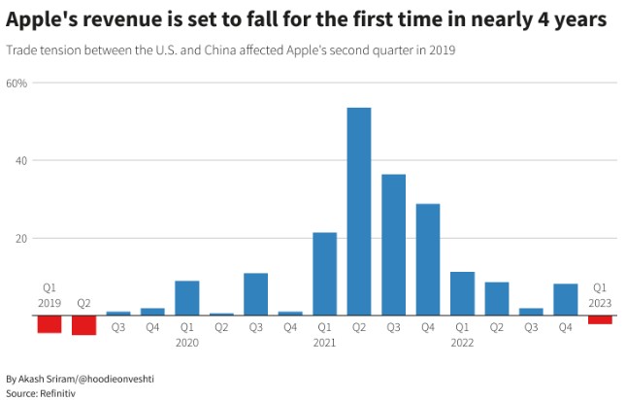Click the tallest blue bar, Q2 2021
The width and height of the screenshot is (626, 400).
coord(359,212)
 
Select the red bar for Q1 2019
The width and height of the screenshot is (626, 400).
coord(49,324)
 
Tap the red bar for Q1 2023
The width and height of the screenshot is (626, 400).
coord(600,319)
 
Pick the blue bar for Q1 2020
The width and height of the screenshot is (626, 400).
coord(187,298)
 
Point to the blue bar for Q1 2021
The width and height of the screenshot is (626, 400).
coord(324,274)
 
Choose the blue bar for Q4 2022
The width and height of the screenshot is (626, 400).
coord(565,299)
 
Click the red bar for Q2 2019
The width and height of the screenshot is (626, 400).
coord(83,325)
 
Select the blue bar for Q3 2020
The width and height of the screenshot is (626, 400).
coord(255,294)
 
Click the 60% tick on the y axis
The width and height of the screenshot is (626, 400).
coord(16,83)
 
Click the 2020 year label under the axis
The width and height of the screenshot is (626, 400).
coord(187,343)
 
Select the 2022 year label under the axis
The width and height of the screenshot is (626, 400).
coord(462,343)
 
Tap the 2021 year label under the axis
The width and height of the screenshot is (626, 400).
coord(324,343)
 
